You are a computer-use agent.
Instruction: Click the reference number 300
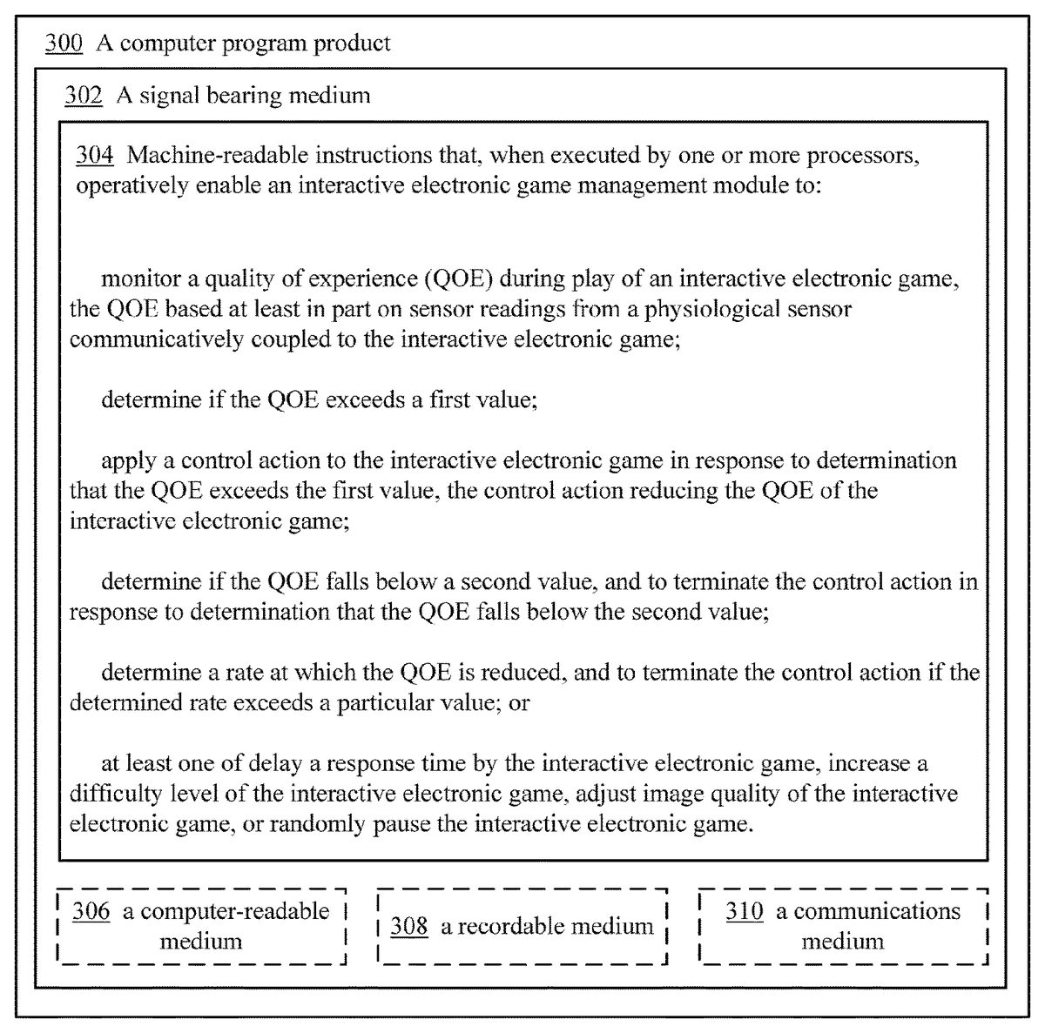click(64, 43)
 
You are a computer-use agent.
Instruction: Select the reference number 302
click(83, 95)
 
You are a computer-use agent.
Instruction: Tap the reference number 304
click(95, 155)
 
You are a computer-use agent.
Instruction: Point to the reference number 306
click(91, 911)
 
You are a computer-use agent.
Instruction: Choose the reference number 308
click(408, 926)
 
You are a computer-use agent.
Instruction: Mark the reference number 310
click(745, 911)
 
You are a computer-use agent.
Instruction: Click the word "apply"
click(123, 460)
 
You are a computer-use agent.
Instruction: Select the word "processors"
click(863, 155)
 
